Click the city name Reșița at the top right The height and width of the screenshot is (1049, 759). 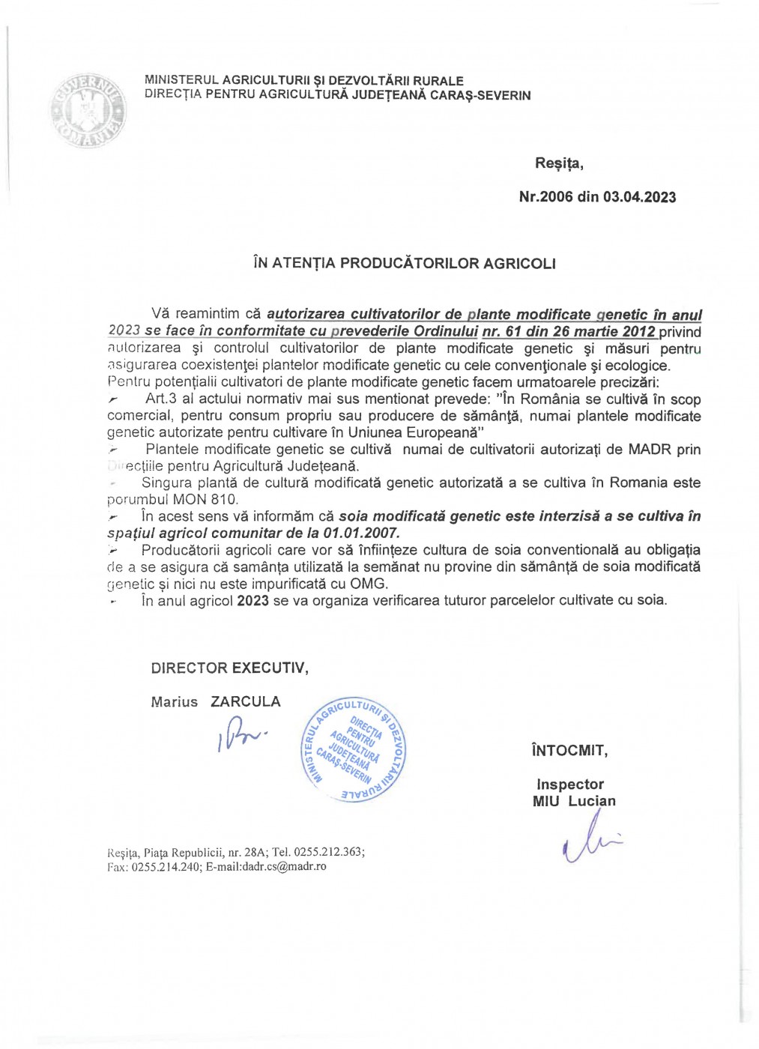[558, 163]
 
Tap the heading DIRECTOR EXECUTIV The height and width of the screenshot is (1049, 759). [229, 668]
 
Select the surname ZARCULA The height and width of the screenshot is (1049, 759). [246, 701]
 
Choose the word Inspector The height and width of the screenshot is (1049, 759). [569, 785]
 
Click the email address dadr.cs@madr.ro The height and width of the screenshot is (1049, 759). [284, 866]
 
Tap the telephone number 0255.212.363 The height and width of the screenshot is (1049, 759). [328, 852]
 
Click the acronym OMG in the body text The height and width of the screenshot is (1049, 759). [369, 584]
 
